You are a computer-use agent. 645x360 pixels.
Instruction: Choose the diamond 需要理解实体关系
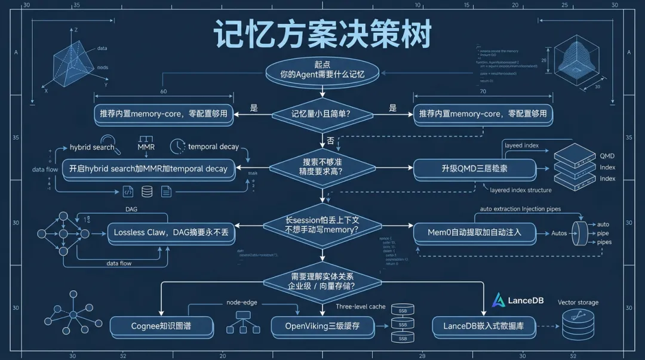coord(322,281)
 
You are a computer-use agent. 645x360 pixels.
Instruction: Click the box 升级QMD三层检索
coord(474,168)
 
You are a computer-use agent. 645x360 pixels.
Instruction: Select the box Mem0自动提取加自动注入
coord(474,232)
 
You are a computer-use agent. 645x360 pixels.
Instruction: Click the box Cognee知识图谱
coord(162,326)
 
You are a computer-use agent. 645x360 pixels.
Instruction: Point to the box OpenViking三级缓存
coord(323,326)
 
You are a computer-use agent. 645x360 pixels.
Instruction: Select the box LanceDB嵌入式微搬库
coord(484,326)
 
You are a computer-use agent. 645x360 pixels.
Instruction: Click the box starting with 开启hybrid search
coord(148,168)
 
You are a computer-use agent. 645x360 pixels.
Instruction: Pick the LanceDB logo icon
coord(498,300)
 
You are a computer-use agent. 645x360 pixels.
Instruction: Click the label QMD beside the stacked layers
coord(607,156)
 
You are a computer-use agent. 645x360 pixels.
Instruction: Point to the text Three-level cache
coord(360,306)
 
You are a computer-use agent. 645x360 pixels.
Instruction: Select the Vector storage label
coord(578,303)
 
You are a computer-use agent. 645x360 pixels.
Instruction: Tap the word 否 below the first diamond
coord(330,141)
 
